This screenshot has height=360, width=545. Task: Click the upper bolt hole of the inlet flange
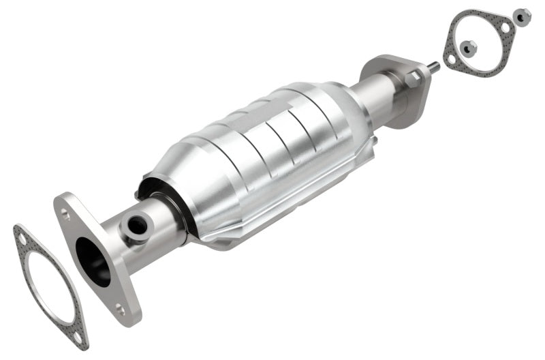click(65, 213)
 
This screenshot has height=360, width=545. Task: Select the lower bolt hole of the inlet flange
click(121, 309)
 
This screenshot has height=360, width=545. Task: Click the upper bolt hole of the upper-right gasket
click(504, 27)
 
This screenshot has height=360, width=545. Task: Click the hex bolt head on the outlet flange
click(412, 80)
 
